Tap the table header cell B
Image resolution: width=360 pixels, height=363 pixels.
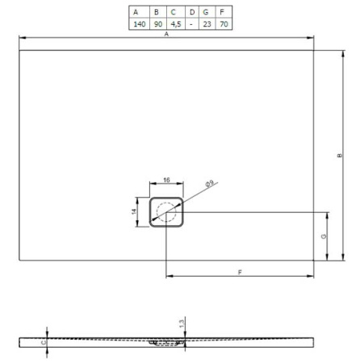[156, 12]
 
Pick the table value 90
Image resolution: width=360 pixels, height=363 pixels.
[156, 24]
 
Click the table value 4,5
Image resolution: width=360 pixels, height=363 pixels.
[174, 24]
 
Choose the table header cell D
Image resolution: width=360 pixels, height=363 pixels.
[191, 12]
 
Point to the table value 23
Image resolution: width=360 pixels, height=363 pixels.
[207, 24]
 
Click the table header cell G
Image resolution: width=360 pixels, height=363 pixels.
[207, 12]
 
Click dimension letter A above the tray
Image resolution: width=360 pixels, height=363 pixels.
[166, 35]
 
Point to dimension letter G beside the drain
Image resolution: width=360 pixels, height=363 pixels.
[322, 236]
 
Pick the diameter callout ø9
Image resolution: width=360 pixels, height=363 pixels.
[208, 185]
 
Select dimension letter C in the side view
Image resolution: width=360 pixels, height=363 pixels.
[44, 342]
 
